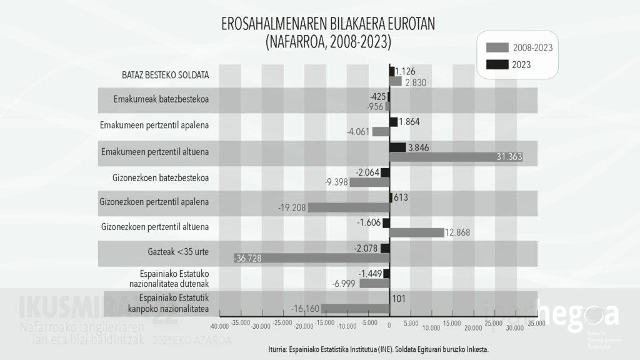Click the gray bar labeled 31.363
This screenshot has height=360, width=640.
pyautogui.click(x=456, y=157)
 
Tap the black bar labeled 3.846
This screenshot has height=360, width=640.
pyautogui.click(x=397, y=147)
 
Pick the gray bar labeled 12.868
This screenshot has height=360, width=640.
pyautogui.click(x=417, y=232)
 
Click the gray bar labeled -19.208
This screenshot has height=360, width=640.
pyautogui.click(x=348, y=207)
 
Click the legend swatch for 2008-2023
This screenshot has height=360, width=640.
pyautogui.click(x=497, y=47)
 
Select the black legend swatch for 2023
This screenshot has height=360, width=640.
pyautogui.click(x=497, y=64)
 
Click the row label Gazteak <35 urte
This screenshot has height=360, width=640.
pyautogui.click(x=174, y=252)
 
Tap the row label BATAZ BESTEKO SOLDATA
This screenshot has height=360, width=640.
pyautogui.click(x=166, y=76)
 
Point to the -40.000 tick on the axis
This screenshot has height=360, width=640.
pyautogui.click(x=219, y=326)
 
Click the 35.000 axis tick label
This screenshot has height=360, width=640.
pyautogui.click(x=536, y=323)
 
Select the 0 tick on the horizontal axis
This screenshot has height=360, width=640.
pyautogui.click(x=389, y=326)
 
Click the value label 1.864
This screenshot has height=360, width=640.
pyautogui.click(x=409, y=122)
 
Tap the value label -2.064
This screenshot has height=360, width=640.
pyautogui.click(x=367, y=172)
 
